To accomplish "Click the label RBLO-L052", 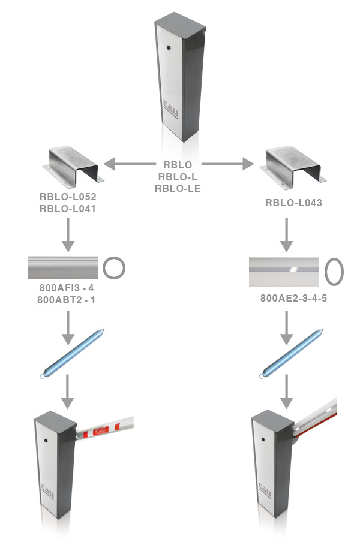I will [68, 197].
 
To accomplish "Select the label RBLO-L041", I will [68, 209].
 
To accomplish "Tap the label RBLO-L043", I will [293, 203].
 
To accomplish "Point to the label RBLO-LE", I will [178, 188].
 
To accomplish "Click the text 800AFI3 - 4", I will [67, 288].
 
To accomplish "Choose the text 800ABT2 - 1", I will [67, 300].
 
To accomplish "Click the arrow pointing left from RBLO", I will [128, 163].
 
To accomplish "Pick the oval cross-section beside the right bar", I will [334, 271].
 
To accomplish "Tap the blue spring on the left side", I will [72, 354].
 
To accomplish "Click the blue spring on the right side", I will [291, 354].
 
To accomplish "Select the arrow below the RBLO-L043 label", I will [288, 235].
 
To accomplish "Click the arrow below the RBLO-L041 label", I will [68, 235].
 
